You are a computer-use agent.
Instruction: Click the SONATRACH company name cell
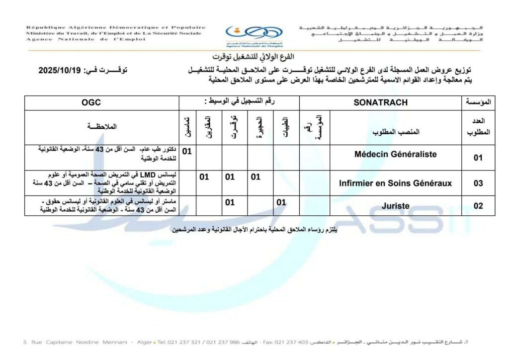[380, 103]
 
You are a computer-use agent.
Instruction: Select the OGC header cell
[91, 103]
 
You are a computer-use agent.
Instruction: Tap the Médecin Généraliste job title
[396, 154]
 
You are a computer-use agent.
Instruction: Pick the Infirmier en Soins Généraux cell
[396, 183]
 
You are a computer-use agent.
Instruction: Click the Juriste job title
[396, 205]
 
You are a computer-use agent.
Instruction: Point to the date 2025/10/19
[62, 71]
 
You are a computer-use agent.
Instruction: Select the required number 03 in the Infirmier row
[478, 183]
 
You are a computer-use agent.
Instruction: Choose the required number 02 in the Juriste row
[478, 206]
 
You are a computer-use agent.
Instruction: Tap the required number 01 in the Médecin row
[478, 158]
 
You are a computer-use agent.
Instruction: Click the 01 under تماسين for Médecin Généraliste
[187, 151]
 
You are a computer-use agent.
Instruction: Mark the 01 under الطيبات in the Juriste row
[281, 202]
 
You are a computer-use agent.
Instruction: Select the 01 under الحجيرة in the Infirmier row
[255, 177]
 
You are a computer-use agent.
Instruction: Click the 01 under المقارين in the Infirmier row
[204, 177]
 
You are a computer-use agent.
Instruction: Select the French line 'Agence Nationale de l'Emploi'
[85, 39]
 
